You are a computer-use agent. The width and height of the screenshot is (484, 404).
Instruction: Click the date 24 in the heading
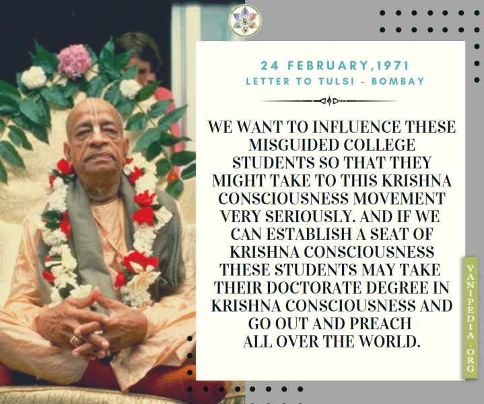tap(269, 65)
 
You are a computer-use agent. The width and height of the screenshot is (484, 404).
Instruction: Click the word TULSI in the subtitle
tap(336, 81)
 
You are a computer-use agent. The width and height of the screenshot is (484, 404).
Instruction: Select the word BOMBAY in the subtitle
tap(398, 81)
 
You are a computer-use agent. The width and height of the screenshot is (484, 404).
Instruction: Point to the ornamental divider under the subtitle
tap(330, 101)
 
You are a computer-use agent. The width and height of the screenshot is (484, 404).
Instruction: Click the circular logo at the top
tap(245, 21)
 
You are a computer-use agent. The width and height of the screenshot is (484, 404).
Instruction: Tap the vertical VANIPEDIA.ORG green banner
tap(471, 318)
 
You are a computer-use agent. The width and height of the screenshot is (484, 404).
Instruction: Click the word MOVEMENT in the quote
tap(399, 199)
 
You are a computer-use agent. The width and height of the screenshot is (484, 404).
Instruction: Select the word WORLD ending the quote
tap(390, 341)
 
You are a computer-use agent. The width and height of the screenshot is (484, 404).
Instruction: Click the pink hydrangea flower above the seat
tap(75, 61)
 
